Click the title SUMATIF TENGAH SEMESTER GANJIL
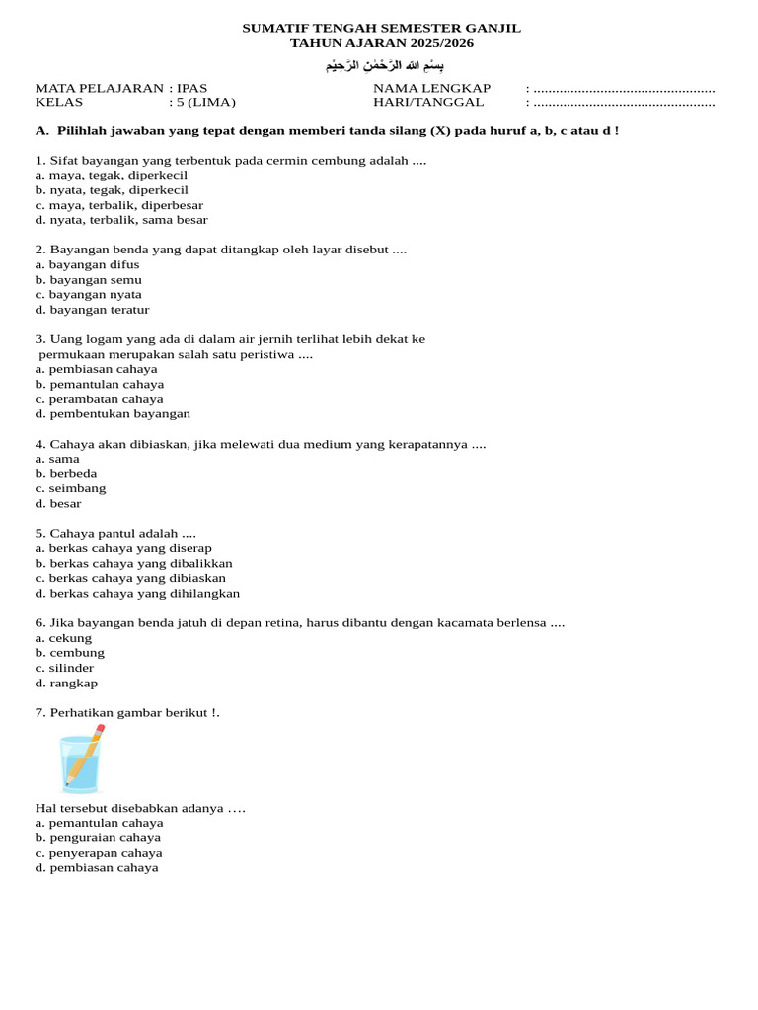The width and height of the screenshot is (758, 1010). (381, 28)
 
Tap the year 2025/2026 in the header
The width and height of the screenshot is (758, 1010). (432, 43)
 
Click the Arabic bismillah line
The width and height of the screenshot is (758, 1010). (378, 66)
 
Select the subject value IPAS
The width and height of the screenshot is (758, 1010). (191, 88)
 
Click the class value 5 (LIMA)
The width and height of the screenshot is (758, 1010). (205, 102)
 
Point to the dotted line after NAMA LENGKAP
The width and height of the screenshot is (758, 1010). (624, 89)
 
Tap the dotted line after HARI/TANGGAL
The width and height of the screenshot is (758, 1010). (624, 103)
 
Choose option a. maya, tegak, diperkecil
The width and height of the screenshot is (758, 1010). (111, 175)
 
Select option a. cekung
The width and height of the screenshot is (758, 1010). (63, 638)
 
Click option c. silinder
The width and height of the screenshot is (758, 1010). (65, 668)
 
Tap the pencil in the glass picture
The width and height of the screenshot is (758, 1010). (88, 751)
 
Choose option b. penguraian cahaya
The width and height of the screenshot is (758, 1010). (98, 837)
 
